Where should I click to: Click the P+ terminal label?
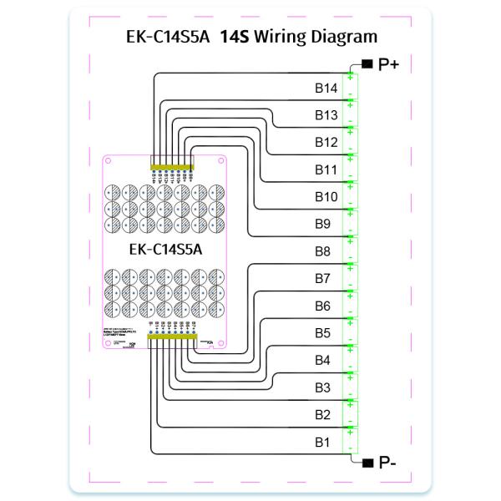pos(388,63)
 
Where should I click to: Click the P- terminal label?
pos(387,462)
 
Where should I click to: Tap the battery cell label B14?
pos(326,88)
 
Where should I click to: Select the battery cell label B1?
pos(323,442)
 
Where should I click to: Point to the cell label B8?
pos(323,251)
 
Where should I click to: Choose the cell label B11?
pos(326,170)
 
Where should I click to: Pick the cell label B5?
pos(323,333)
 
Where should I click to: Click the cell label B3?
pos(323,387)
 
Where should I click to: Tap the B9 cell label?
pos(323,224)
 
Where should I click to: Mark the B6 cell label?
pos(323,306)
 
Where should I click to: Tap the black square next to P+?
pos(367,63)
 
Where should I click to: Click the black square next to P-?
pos(367,462)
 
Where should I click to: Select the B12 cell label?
pos(326,143)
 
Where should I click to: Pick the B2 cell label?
pos(323,415)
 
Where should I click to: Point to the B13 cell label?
pos(326,115)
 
